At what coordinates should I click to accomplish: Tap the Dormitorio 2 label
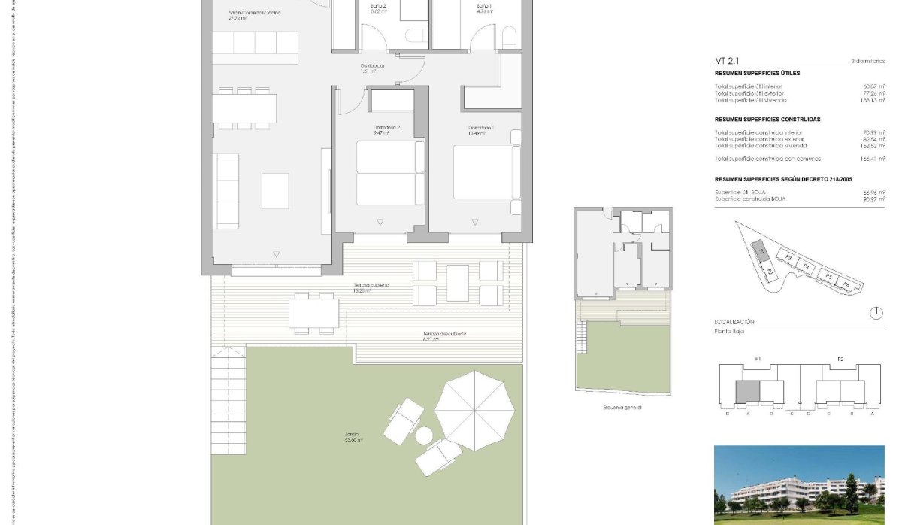click(x=387, y=128)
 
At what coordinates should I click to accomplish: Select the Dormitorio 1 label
click(x=481, y=128)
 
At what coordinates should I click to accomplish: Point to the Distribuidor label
click(x=372, y=66)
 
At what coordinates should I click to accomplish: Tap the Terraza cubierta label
click(x=371, y=286)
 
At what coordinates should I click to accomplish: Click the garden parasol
click(x=474, y=410)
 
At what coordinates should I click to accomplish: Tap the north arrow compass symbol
click(x=876, y=313)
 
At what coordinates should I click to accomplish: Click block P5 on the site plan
click(x=828, y=277)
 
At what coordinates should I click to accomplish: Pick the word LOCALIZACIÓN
click(x=734, y=322)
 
